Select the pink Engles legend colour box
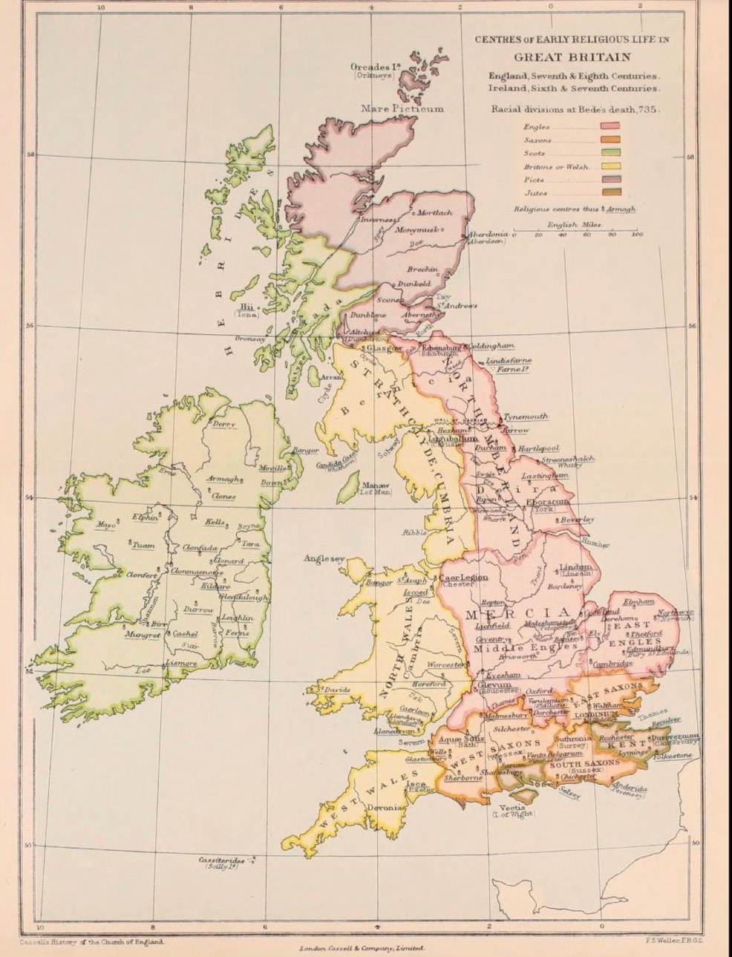611,128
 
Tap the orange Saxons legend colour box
611,140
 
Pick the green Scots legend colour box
611,154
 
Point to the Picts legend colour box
611,180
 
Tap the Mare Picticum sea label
402,108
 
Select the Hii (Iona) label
246,310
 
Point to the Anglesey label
324,559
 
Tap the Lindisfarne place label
509,361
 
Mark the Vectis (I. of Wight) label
513,811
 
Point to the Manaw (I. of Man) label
360,488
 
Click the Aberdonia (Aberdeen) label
487,238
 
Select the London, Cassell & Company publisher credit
360,948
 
